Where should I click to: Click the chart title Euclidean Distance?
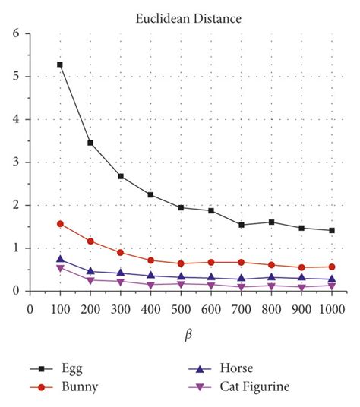(180, 14)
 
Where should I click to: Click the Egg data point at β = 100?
(60, 65)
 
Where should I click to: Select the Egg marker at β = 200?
(90, 143)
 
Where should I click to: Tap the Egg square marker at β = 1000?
(331, 230)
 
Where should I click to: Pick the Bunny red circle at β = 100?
(60, 224)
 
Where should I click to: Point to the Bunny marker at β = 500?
(181, 263)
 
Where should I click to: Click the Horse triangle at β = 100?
(60, 259)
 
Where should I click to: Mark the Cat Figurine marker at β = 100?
(60, 268)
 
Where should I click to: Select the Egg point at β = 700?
(241, 225)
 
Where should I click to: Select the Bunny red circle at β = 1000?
(331, 267)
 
